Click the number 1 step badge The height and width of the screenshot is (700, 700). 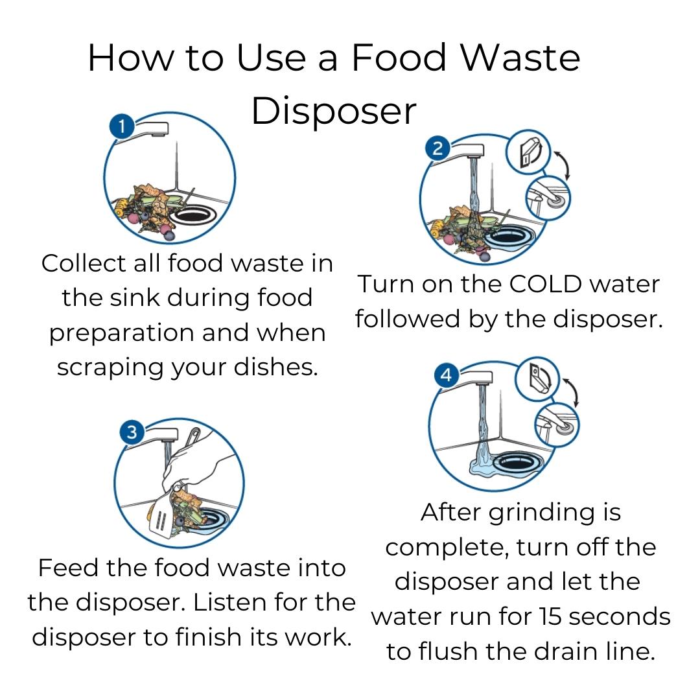(x=122, y=127)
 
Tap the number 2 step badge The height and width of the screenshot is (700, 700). (x=437, y=148)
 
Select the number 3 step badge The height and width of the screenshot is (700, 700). (x=132, y=432)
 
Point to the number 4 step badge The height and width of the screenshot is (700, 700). (x=447, y=375)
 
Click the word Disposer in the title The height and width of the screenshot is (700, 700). (x=334, y=111)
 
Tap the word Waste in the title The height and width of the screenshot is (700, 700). (x=520, y=58)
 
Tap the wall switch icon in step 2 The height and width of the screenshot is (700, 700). (x=529, y=152)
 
